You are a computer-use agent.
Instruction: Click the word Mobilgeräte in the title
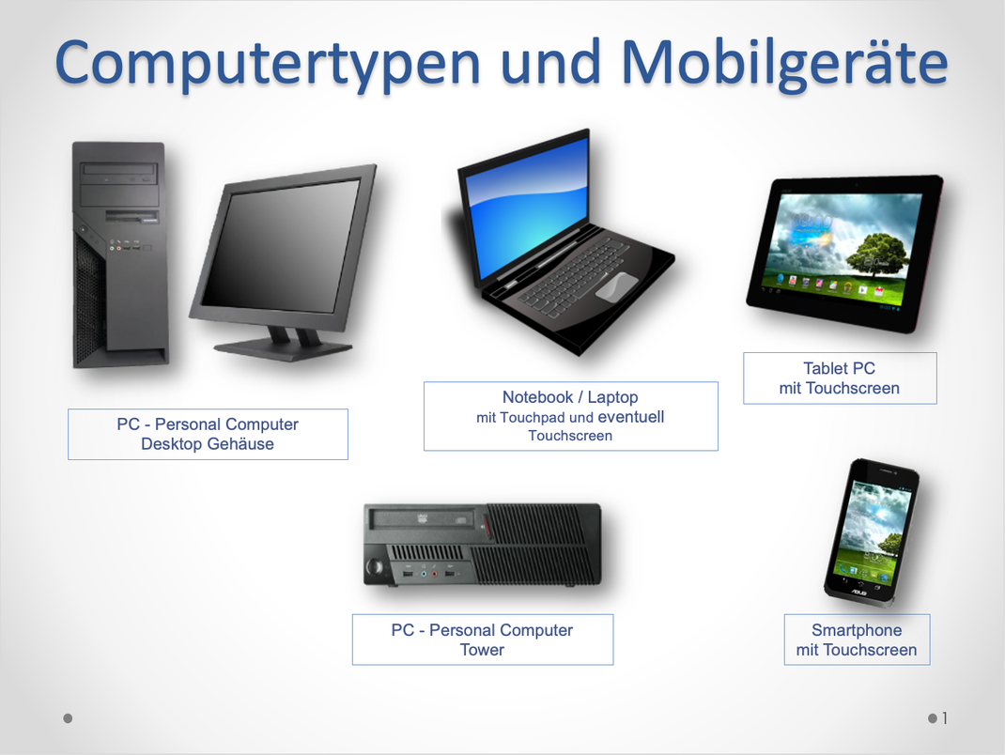(x=783, y=62)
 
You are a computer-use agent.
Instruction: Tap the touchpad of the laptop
(x=615, y=286)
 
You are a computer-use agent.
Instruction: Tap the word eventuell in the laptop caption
(x=631, y=417)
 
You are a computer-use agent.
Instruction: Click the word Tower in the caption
(x=482, y=650)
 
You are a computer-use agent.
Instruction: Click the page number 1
(x=945, y=718)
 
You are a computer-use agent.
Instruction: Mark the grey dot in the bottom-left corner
(x=68, y=718)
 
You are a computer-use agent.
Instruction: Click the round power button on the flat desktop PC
(x=377, y=567)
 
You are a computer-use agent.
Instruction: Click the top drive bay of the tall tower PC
(x=120, y=173)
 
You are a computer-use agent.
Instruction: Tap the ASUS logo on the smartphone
(x=858, y=593)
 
